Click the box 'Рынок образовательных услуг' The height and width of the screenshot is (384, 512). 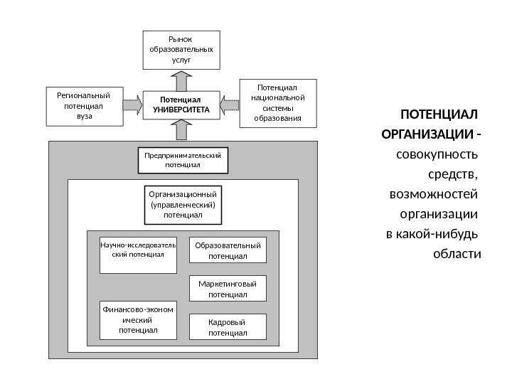[181, 50]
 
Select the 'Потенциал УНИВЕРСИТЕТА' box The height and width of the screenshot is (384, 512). [181, 106]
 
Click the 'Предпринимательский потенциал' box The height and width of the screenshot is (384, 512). [183, 160]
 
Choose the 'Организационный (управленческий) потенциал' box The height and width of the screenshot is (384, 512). [183, 204]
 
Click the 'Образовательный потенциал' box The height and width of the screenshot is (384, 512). [228, 251]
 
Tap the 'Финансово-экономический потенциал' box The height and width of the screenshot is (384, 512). [138, 321]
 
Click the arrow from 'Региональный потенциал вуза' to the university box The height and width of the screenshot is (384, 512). [133, 106]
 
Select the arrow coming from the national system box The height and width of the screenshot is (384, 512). [230, 106]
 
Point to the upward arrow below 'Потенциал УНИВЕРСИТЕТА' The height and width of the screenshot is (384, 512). [182, 130]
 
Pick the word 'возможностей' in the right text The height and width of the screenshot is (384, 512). [434, 194]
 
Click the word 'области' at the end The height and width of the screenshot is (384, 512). [457, 254]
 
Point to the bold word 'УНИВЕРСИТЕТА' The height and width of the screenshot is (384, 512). [181, 111]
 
